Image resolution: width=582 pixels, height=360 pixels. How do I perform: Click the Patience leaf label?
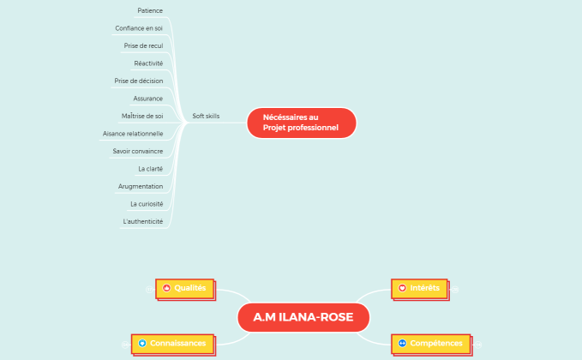point(150,10)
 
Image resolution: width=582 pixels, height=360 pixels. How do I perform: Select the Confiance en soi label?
point(139,28)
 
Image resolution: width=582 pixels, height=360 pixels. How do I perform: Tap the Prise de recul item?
point(143,45)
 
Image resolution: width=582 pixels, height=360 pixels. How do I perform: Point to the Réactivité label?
point(148,63)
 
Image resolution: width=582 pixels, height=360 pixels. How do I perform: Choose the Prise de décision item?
point(139,81)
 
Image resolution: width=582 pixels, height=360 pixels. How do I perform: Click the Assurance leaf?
point(148,99)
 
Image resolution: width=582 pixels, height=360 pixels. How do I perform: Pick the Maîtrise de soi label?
point(142,116)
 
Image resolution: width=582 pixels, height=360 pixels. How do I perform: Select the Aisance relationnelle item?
point(133,134)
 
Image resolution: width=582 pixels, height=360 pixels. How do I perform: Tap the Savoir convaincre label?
point(138,151)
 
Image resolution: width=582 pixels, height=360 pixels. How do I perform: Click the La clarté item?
point(151,169)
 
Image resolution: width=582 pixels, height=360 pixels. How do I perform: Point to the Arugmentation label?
point(141,186)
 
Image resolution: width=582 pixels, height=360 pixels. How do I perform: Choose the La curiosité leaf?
point(147,204)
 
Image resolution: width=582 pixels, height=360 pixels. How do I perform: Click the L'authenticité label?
point(143,221)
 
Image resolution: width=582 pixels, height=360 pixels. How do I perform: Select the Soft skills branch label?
point(206,116)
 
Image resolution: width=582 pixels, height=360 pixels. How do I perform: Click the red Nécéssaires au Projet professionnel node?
point(301,123)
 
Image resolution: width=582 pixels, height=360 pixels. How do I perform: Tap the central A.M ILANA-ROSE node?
point(303,318)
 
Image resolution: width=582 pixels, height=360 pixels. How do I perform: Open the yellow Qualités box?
point(184,289)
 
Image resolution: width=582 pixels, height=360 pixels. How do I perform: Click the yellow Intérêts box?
point(418,289)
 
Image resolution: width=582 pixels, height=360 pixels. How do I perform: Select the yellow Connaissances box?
point(171,344)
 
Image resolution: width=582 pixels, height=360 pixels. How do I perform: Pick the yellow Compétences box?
point(430,344)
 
